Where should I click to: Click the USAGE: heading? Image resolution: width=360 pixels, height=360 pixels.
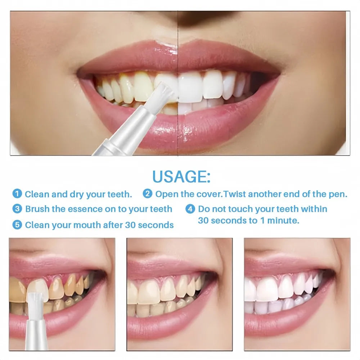pos(181,176)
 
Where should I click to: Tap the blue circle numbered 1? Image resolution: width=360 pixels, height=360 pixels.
pos(17,194)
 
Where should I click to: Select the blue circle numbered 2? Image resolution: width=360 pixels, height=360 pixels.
pos(147,194)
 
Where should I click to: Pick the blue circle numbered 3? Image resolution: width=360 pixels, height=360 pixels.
pos(17,209)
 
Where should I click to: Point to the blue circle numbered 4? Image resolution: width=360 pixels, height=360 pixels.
pos(190,209)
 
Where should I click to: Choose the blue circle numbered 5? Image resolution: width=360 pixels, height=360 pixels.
pos(17,225)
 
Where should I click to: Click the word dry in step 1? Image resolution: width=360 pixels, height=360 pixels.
pos(76,195)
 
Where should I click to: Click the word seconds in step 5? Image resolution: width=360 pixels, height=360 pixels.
pos(156,225)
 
